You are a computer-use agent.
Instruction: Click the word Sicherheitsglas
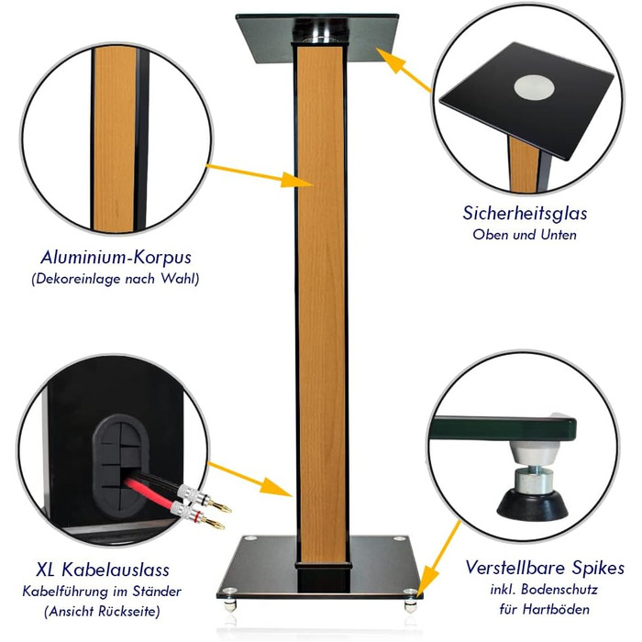coord(525,214)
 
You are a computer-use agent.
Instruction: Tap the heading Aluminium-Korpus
coord(116,258)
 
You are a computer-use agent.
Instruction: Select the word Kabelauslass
coord(115,570)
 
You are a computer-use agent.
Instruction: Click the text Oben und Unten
coord(525,235)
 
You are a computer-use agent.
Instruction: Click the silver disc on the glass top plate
coord(534,87)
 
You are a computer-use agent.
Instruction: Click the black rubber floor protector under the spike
coord(532,504)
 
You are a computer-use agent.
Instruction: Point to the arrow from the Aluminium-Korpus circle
coord(260,176)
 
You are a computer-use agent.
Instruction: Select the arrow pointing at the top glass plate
coord(404,70)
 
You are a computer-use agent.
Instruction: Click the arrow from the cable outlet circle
coord(250,480)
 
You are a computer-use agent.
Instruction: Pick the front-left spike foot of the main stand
coord(229,605)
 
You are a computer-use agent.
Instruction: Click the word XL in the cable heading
coord(46,570)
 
